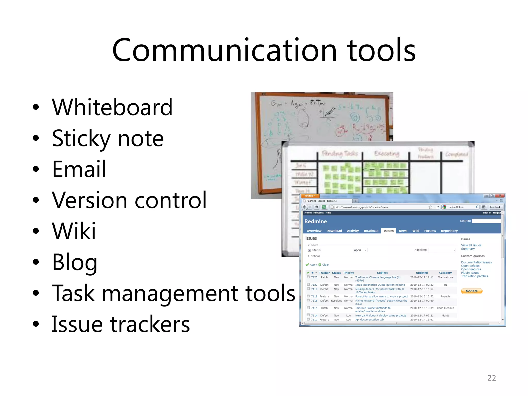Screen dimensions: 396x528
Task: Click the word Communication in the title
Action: pyautogui.click(x=224, y=50)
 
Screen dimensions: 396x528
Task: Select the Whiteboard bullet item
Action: pyautogui.click(x=112, y=107)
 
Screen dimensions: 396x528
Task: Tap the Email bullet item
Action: pyautogui.click(x=79, y=169)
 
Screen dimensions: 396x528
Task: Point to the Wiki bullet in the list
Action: pyautogui.click(x=74, y=231)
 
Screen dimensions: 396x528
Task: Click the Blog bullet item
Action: pyautogui.click(x=75, y=262)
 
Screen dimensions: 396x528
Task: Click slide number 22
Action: pyautogui.click(x=491, y=378)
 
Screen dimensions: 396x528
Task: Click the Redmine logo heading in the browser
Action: pyautogui.click(x=316, y=221)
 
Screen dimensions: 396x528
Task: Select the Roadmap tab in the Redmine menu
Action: pyautogui.click(x=371, y=231)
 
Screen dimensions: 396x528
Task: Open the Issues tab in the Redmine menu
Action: pyautogui.click(x=388, y=231)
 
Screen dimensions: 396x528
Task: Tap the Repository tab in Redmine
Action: pyautogui.click(x=449, y=231)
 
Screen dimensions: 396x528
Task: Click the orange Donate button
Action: pyautogui.click(x=472, y=291)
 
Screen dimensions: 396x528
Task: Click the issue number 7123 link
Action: pyautogui.click(x=314, y=277)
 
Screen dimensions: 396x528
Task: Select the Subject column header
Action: pyautogui.click(x=382, y=273)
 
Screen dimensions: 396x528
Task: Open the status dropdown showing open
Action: pyautogui.click(x=360, y=250)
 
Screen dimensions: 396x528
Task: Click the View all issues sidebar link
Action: pyautogui.click(x=471, y=245)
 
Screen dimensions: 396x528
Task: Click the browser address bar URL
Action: pyautogui.click(x=361, y=207)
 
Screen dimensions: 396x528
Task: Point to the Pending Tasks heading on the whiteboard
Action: pyautogui.click(x=340, y=154)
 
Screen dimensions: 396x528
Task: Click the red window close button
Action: pyautogui.click(x=500, y=196)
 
